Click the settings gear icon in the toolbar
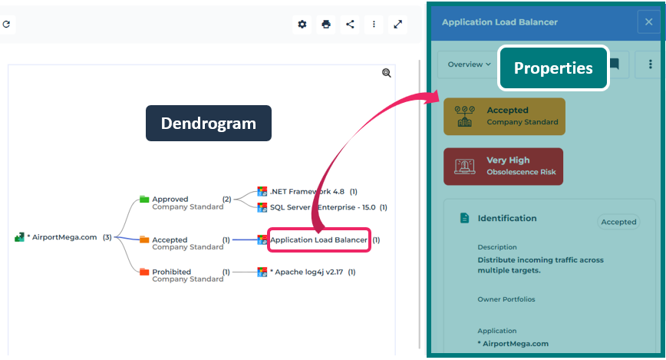(x=302, y=25)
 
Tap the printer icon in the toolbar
(x=326, y=25)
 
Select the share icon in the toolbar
(x=350, y=25)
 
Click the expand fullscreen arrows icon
(x=398, y=25)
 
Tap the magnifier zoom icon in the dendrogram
(x=387, y=73)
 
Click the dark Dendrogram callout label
(x=208, y=123)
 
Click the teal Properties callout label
(x=553, y=68)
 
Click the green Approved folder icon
(x=144, y=199)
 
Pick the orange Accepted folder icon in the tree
(x=144, y=239)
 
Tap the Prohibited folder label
(x=171, y=272)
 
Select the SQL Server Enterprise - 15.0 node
(x=322, y=207)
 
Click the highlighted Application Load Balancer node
(x=318, y=239)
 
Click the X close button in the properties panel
(x=648, y=23)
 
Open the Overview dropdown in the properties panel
(x=469, y=64)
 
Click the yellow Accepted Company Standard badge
(x=504, y=116)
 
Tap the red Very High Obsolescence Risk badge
(x=503, y=166)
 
